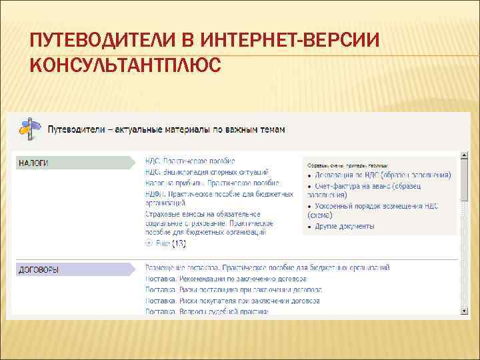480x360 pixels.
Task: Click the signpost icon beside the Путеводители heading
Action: (28, 127)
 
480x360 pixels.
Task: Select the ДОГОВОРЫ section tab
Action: (39, 270)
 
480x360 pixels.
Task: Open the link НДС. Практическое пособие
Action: (190, 161)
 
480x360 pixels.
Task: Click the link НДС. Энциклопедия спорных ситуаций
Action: (207, 172)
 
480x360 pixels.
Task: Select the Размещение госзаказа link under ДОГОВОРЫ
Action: (267, 267)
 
